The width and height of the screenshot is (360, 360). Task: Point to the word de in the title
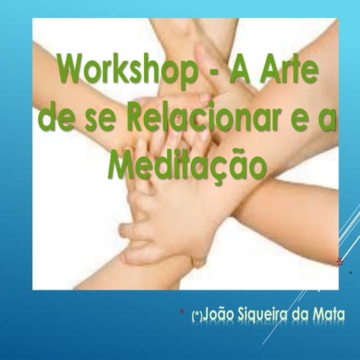click(55, 118)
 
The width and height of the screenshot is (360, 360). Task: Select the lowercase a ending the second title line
click(326, 120)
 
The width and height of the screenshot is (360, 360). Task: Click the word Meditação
click(187, 163)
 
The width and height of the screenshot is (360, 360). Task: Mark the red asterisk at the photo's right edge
click(340, 262)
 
